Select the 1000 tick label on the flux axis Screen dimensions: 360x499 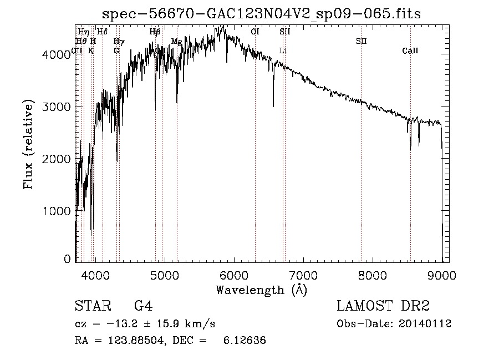tap(57, 211)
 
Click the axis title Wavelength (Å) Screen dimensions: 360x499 tap(261, 289)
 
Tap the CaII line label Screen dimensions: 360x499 tap(410, 51)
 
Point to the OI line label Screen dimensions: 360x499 tap(255, 32)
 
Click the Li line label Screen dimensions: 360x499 tap(283, 51)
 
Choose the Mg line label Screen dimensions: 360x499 tap(177, 42)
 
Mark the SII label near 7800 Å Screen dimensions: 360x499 tap(361, 42)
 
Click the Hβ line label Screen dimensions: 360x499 tap(155, 32)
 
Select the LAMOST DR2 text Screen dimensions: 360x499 tap(383, 306)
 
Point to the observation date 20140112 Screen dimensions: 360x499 tap(424, 324)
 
